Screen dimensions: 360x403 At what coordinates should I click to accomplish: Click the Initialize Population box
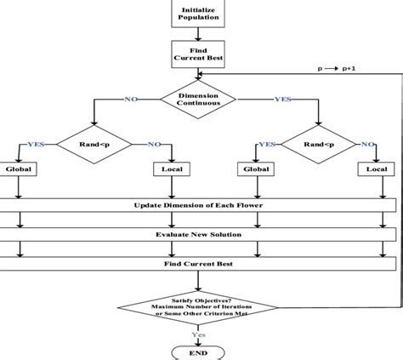coord(198,14)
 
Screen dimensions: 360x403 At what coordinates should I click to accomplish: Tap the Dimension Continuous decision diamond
coord(198,99)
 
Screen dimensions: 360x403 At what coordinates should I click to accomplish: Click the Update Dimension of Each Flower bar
coord(198,206)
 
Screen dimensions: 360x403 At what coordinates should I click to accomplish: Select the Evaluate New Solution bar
coord(198,235)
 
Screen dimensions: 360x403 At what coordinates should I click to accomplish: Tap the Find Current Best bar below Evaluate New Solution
coord(198,264)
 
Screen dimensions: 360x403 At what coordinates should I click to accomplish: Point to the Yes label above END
coord(197,334)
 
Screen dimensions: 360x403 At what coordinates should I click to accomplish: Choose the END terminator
coord(198,352)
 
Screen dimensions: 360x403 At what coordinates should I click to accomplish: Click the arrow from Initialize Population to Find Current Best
coord(198,34)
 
